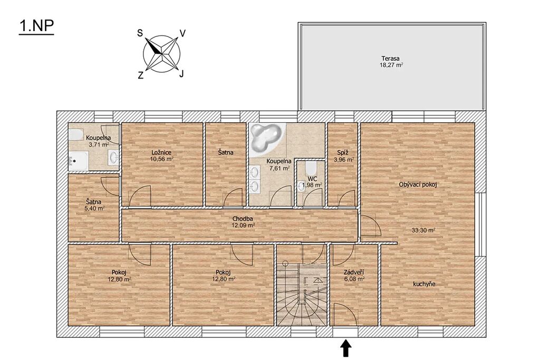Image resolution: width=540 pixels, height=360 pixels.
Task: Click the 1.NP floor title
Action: (36, 26)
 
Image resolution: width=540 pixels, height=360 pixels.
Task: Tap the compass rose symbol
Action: (162, 54)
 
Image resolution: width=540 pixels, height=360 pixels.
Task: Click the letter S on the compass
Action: (140, 33)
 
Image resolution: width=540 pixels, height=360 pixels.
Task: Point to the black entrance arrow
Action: (346, 348)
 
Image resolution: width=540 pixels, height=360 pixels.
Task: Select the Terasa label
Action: (390, 59)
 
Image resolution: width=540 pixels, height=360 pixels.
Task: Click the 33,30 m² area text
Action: (423, 230)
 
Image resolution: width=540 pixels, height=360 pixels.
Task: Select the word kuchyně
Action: (425, 284)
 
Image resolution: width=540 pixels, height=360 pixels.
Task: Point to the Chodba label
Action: (243, 219)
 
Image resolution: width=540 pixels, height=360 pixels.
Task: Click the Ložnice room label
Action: (161, 152)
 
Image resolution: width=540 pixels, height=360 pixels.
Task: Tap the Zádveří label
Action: (354, 272)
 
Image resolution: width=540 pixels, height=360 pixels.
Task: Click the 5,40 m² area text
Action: (94, 208)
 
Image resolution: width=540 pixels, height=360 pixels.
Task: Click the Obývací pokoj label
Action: (418, 184)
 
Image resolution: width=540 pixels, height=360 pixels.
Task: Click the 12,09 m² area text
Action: (243, 226)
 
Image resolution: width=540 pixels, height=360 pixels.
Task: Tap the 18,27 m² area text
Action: (391, 65)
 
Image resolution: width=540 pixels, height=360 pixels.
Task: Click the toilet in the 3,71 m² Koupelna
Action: (75, 134)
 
